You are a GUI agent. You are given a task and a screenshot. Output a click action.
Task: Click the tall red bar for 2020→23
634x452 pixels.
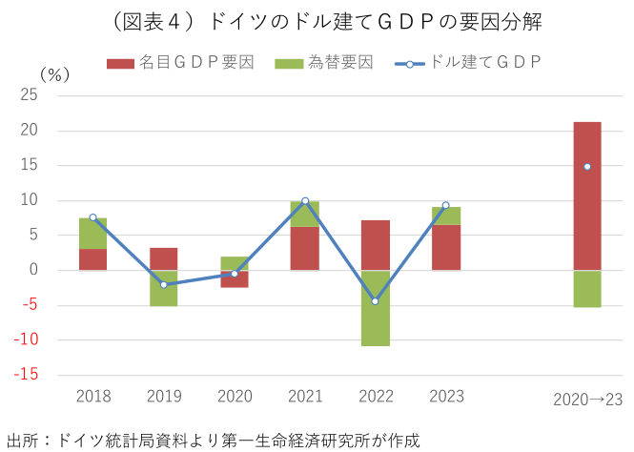[x=587, y=195]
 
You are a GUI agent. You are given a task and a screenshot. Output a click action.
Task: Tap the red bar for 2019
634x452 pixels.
[x=164, y=258]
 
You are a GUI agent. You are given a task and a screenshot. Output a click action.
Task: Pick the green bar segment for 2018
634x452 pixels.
[x=92, y=234]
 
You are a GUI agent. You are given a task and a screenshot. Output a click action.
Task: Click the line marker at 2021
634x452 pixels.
[x=305, y=201]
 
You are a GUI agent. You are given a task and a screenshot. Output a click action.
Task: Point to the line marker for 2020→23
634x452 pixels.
[x=587, y=167]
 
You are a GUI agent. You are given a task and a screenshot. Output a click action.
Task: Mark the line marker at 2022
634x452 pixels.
[x=375, y=301]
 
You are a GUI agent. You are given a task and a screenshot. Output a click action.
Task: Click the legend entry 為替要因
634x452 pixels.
[x=324, y=63]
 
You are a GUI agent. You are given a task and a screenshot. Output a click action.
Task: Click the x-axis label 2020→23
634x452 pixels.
[x=587, y=400]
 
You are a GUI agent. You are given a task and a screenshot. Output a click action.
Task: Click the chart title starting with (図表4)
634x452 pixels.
[x=317, y=21]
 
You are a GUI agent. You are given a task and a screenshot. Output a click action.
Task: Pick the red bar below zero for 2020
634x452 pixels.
[x=235, y=279]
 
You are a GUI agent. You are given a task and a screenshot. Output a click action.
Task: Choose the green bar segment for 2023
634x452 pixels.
[x=445, y=216]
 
